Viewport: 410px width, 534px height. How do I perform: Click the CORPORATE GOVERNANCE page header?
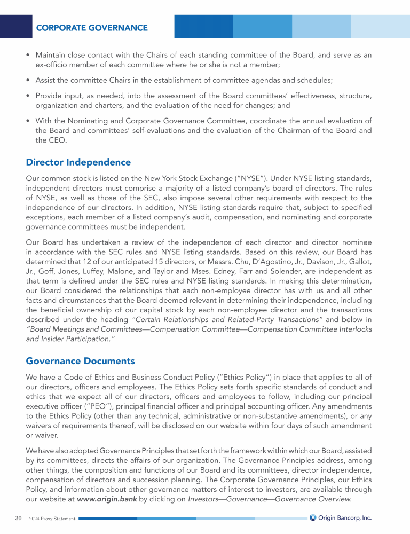coord(92,27)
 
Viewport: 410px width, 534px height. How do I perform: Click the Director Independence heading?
coord(78,162)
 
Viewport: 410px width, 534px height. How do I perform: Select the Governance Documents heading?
coord(80,362)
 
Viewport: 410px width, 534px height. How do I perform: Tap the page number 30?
coord(18,518)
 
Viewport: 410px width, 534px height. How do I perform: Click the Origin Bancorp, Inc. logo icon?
coord(313,517)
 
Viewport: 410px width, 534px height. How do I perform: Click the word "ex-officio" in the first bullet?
coord(53,65)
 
